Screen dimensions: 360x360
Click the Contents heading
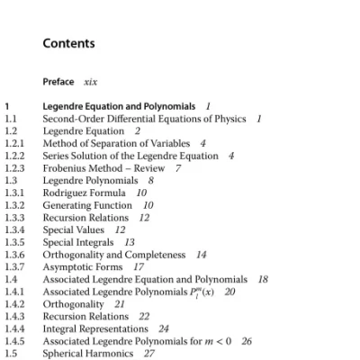tap(68, 43)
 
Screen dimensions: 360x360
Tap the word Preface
tap(58, 81)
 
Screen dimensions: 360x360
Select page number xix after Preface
tap(90, 81)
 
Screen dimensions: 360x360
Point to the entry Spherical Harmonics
tap(86, 354)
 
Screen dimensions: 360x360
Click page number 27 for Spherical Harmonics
tap(149, 354)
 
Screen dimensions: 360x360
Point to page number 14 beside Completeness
tap(201, 255)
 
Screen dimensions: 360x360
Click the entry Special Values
tap(75, 229)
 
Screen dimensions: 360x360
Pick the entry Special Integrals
tap(78, 242)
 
